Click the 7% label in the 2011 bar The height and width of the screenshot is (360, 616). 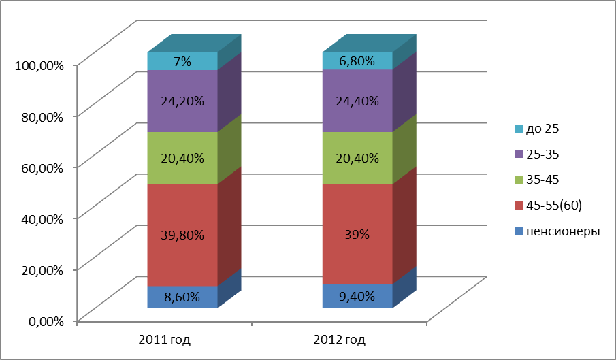pyautogui.click(x=182, y=62)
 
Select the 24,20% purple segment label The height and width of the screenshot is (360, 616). pyautogui.click(x=182, y=101)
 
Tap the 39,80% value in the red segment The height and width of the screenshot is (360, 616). pyautogui.click(x=182, y=235)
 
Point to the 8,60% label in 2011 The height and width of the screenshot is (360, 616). pyautogui.click(x=182, y=297)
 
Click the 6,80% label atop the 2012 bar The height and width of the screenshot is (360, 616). pyautogui.click(x=357, y=61)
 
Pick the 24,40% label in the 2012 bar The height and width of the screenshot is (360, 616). pyautogui.click(x=357, y=101)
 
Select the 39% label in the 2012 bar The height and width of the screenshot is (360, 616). pyautogui.click(x=357, y=235)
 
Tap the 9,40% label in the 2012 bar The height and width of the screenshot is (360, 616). pyautogui.click(x=357, y=296)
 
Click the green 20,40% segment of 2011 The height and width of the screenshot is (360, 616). pyautogui.click(x=182, y=158)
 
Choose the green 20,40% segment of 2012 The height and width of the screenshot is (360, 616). pyautogui.click(x=357, y=158)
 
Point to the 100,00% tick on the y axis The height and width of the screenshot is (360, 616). pyautogui.click(x=39, y=65)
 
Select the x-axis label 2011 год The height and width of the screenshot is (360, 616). pyautogui.click(x=164, y=339)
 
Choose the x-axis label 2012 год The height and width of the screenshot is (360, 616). pyautogui.click(x=339, y=339)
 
